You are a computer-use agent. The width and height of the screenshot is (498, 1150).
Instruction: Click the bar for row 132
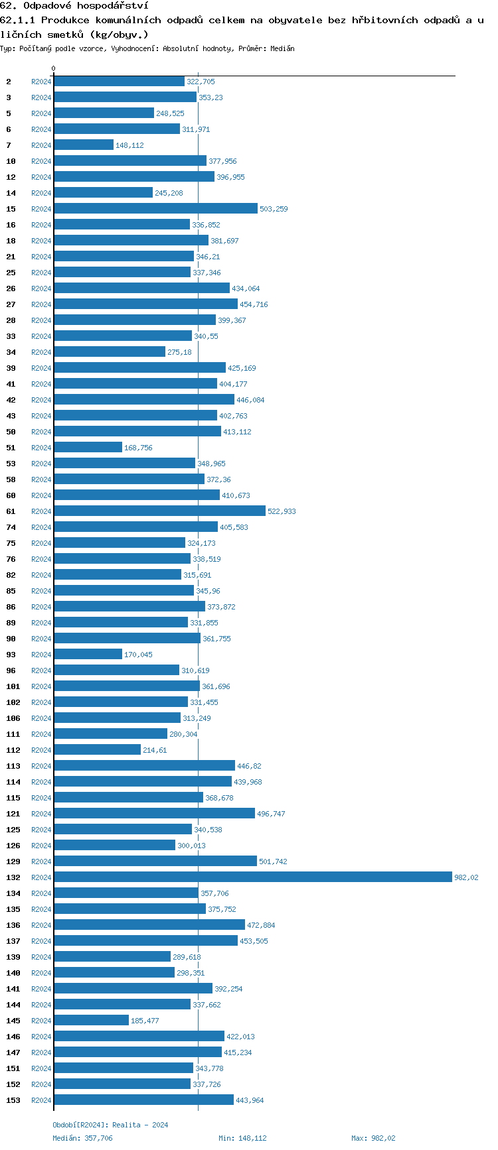click(252, 877)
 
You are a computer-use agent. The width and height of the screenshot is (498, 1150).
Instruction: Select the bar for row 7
click(84, 145)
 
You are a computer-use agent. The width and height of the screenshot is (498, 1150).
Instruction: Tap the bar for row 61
click(159, 511)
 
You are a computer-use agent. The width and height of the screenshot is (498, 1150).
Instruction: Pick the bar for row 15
click(155, 208)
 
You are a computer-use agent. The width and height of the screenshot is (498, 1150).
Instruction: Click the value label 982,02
click(466, 877)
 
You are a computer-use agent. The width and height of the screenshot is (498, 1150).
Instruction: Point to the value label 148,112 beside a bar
click(129, 145)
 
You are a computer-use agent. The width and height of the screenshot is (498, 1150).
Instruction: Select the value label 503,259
click(274, 209)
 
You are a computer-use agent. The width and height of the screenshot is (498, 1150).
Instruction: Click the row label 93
click(11, 655)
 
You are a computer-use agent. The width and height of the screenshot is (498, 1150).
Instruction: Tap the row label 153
click(13, 1100)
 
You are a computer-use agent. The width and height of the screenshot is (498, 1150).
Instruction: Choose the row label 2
click(9, 82)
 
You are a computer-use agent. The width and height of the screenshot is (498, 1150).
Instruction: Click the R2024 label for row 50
click(41, 432)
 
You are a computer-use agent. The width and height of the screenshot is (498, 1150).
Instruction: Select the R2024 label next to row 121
click(41, 814)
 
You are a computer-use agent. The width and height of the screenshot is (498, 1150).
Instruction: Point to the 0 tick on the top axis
click(54, 69)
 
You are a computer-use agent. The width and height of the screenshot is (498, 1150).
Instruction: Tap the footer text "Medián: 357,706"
click(82, 1138)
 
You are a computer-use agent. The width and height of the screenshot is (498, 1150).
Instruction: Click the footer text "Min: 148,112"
click(242, 1138)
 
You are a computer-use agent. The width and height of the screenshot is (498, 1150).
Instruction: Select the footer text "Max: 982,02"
click(373, 1138)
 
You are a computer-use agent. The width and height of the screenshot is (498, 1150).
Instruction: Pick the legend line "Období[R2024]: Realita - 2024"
click(110, 1125)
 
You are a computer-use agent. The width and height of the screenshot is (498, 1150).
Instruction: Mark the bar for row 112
click(97, 749)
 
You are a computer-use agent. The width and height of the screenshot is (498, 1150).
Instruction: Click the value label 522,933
click(282, 511)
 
